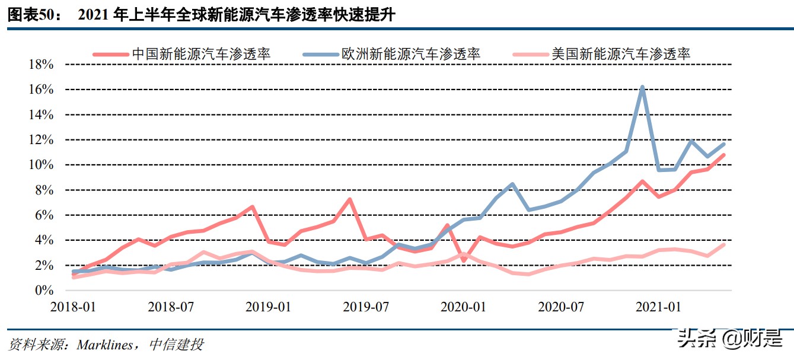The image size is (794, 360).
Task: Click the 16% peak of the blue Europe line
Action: pos(642,87)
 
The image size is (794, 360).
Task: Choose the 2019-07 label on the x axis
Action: pos(366,307)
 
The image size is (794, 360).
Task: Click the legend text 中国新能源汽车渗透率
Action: pos(201,54)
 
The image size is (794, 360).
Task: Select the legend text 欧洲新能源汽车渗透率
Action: pos(410,54)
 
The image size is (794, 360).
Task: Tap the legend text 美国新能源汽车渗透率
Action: pos(621,54)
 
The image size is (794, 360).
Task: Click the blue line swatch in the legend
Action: pos(320,54)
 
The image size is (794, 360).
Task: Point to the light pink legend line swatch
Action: pos(530,54)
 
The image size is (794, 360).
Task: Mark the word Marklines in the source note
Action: pos(106,345)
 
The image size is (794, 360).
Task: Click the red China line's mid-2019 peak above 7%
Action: pos(350,199)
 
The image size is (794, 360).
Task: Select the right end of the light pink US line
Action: pos(723,244)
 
